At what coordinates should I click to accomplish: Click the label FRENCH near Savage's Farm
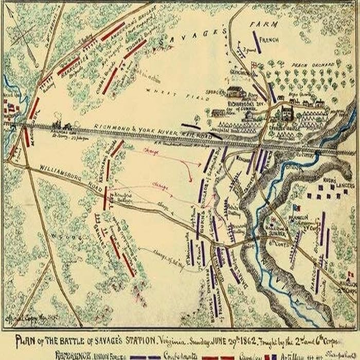click(x=269, y=40)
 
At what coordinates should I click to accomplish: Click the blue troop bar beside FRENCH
click(x=257, y=42)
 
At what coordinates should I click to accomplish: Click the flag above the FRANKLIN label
click(x=296, y=208)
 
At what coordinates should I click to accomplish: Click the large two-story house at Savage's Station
click(x=235, y=92)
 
